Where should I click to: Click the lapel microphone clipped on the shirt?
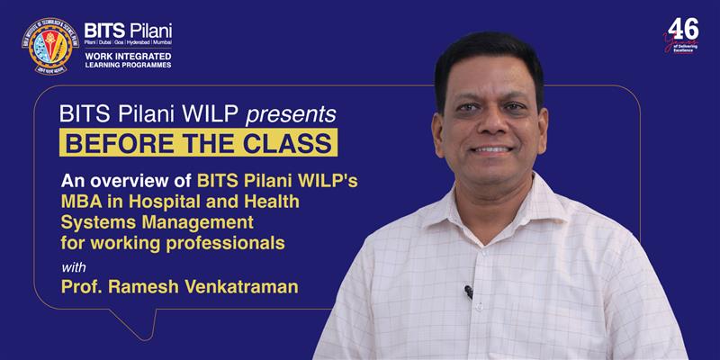pyautogui.click(x=468, y=292)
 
